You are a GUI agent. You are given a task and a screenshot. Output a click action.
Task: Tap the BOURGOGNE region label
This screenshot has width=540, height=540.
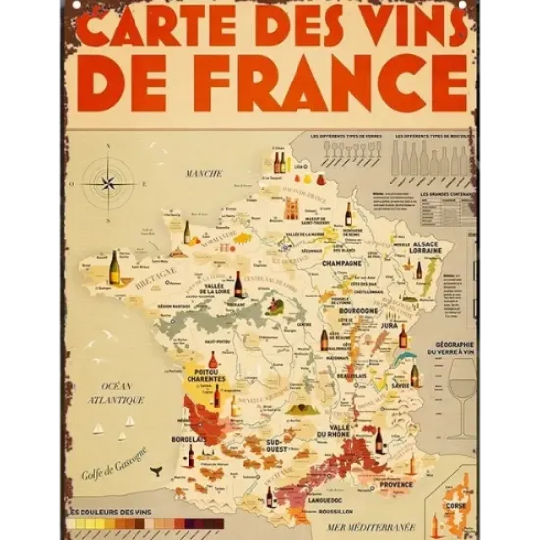359,310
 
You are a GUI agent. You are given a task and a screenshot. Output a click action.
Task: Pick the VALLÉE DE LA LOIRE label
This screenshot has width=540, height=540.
217,290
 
